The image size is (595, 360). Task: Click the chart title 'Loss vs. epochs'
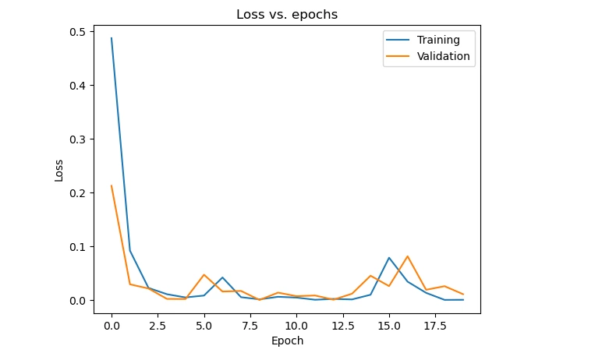click(287, 14)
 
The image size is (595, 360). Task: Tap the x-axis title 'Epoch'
click(287, 341)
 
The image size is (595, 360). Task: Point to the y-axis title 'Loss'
click(59, 170)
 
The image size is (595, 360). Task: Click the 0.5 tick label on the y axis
click(78, 32)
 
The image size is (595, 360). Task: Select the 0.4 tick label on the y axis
click(78, 86)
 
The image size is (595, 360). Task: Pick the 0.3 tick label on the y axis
click(78, 139)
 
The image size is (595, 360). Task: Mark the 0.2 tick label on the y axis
click(78, 193)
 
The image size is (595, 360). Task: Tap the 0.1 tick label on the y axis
click(78, 247)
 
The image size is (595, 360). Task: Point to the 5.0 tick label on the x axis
click(204, 324)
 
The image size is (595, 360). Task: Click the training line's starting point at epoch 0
click(112, 38)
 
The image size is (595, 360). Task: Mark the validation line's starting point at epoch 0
click(112, 185)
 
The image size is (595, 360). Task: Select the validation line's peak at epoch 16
click(408, 256)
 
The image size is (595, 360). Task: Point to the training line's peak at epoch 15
click(389, 258)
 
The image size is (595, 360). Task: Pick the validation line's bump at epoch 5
click(204, 274)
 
